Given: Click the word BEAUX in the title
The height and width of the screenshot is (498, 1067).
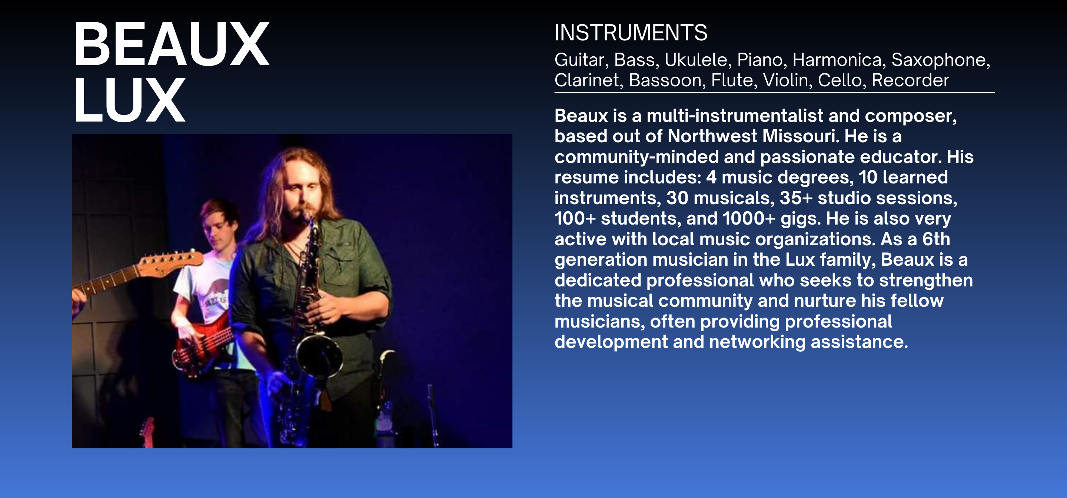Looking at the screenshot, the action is pos(172,44).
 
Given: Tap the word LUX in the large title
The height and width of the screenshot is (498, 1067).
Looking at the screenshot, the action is pos(129,100).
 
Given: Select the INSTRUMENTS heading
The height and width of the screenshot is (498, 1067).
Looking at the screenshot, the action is pos(631,33).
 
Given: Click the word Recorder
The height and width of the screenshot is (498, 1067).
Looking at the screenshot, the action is pos(910,80).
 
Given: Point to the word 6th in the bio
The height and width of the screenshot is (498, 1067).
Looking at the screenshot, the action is pos(936,239).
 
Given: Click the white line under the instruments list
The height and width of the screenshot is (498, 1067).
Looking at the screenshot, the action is pos(775,93).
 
